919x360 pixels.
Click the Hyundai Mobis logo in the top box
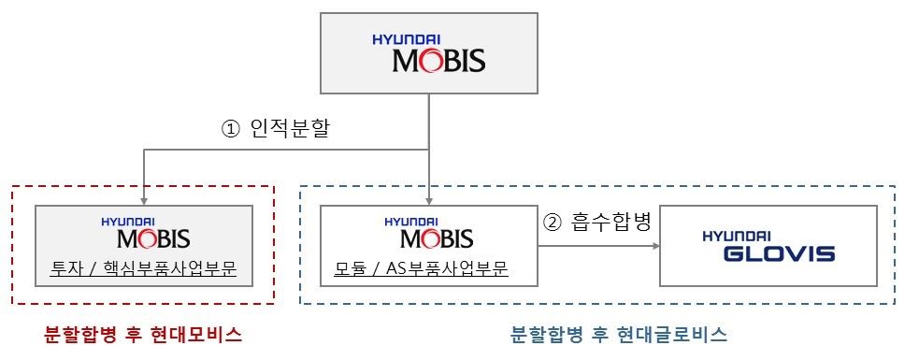429,54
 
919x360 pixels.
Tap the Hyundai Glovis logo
768,245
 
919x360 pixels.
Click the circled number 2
553,224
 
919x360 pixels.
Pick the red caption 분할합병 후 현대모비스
143,335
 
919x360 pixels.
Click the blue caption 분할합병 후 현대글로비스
620,335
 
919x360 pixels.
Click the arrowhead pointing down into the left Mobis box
143,200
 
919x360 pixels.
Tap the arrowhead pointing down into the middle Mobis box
428,200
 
